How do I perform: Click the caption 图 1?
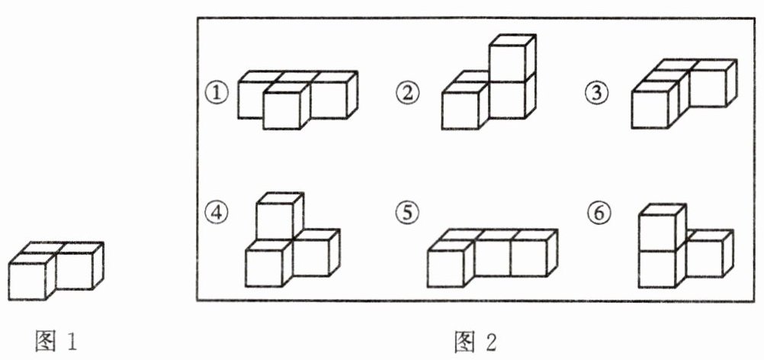57,341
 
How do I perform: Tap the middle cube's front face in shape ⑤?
492,256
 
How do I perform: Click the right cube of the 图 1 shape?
76,271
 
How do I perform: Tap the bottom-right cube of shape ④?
313,256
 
